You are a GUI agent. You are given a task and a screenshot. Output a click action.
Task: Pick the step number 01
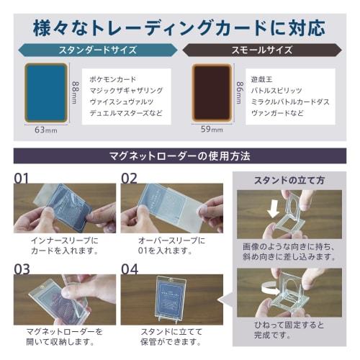24,178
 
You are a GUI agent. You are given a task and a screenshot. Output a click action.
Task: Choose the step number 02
130,178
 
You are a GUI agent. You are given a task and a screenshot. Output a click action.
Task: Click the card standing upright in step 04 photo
168,297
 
